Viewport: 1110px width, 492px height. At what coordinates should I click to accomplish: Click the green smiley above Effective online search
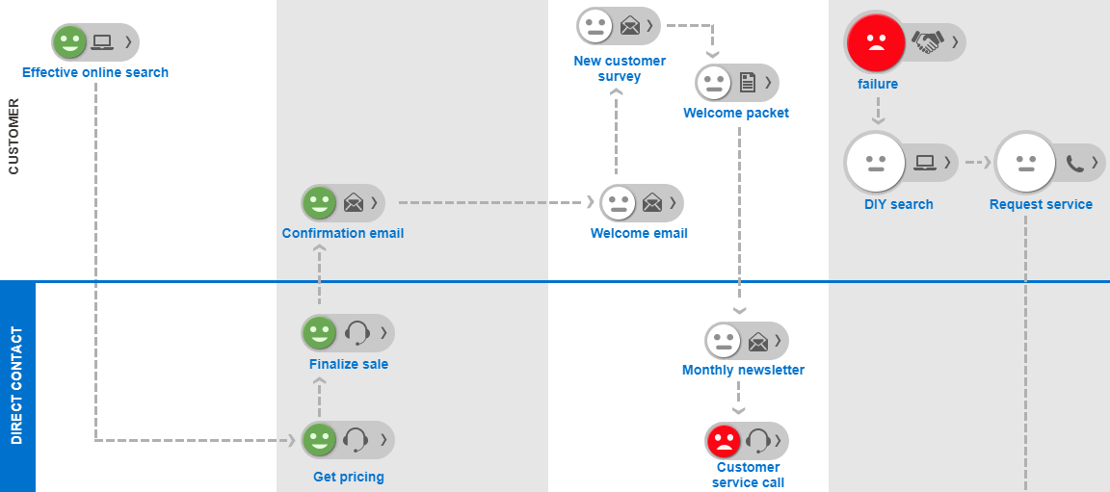click(68, 42)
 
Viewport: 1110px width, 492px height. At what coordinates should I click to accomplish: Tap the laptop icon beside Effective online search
click(101, 42)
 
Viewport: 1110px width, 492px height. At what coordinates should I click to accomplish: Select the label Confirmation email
click(342, 233)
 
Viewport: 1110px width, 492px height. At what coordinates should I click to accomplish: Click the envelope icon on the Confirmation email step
click(354, 202)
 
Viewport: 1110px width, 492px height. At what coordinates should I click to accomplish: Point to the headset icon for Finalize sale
click(357, 333)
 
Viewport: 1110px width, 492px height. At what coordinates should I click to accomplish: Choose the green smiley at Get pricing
click(319, 440)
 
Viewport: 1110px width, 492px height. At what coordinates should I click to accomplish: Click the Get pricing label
click(348, 477)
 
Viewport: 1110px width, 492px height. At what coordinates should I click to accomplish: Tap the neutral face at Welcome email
click(618, 202)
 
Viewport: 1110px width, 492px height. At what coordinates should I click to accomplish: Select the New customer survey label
click(620, 68)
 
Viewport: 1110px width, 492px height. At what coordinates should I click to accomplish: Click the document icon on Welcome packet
click(748, 83)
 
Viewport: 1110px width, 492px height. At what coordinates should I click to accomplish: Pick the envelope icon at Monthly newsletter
click(758, 341)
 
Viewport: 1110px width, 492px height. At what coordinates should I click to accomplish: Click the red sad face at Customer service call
click(723, 441)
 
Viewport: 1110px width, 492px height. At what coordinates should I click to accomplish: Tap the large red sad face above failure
click(875, 41)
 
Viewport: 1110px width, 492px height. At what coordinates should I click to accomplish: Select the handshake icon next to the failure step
click(928, 41)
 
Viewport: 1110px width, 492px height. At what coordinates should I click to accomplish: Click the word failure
click(877, 84)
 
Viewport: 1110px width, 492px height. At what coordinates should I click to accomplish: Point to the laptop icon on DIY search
click(925, 162)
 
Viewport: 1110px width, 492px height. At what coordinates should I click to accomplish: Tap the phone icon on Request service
click(1075, 163)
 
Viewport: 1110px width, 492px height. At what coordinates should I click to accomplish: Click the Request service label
click(1041, 204)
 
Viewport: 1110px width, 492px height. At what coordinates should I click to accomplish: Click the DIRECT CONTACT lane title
click(16, 386)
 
